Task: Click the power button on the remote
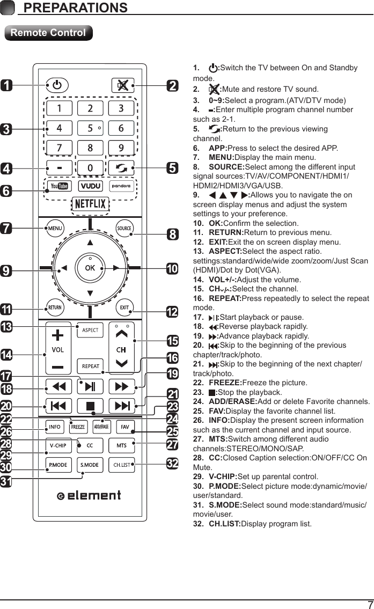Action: (57, 85)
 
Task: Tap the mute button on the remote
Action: (121, 85)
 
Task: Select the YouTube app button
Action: (58, 186)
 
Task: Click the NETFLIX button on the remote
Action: (90, 204)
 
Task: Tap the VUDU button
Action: (90, 186)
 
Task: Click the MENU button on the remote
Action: (55, 228)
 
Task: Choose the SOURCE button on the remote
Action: (124, 228)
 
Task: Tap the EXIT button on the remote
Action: (124, 307)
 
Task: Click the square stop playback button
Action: (90, 405)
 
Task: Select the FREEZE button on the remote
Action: (78, 427)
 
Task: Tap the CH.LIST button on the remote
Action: (121, 465)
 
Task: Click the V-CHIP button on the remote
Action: (58, 446)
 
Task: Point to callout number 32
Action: (172, 463)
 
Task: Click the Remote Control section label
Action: (48, 33)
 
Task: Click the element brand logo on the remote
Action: (90, 495)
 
